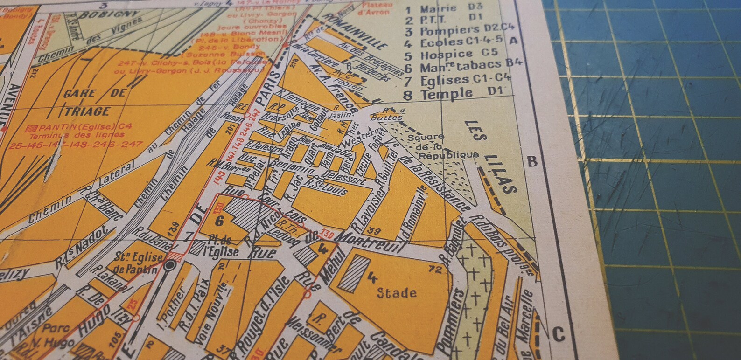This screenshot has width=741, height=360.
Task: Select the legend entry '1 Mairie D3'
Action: (443, 8)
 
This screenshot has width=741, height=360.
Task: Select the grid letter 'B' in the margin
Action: (532, 162)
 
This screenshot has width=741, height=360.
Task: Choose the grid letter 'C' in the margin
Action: (558, 334)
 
